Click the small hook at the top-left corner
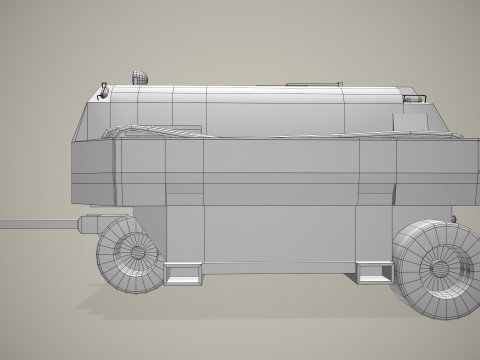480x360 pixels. point(104,91)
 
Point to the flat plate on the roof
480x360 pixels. point(304,82)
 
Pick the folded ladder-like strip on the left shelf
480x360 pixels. point(150,129)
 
